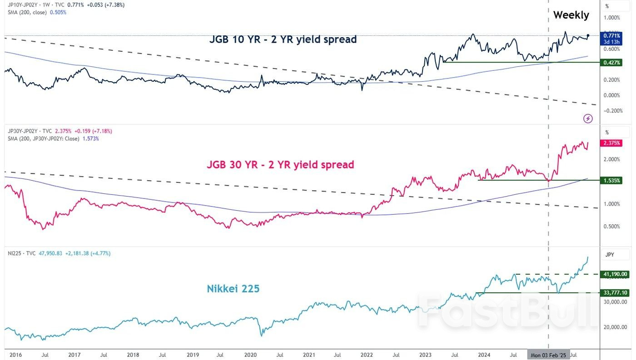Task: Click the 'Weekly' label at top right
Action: pos(571,15)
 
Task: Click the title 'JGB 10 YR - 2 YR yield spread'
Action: pos(283,39)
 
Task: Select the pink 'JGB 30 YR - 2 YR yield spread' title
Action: pos(280,164)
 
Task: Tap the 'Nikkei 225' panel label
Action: pos(233,288)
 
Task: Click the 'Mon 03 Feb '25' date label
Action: pos(548,355)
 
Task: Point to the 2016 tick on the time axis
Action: pos(15,355)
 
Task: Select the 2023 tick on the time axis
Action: pos(426,355)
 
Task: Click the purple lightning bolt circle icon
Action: pos(588,118)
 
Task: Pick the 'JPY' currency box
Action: pos(610,255)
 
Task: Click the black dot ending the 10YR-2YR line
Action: pos(588,35)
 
